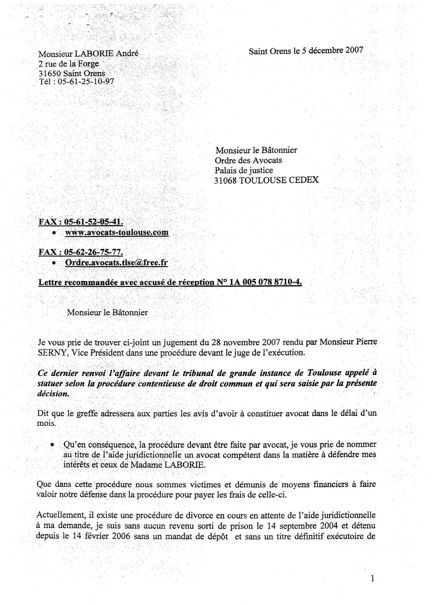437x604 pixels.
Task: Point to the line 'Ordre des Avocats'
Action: (x=248, y=160)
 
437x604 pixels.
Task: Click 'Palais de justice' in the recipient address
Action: (x=243, y=170)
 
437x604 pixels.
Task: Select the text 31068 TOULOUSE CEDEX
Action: (x=266, y=180)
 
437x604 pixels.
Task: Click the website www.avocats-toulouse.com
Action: (x=117, y=232)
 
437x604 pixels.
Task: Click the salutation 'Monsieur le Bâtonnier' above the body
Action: (x=107, y=313)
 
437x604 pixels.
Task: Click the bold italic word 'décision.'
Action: (x=54, y=393)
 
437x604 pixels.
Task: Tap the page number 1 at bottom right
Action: (x=372, y=579)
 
